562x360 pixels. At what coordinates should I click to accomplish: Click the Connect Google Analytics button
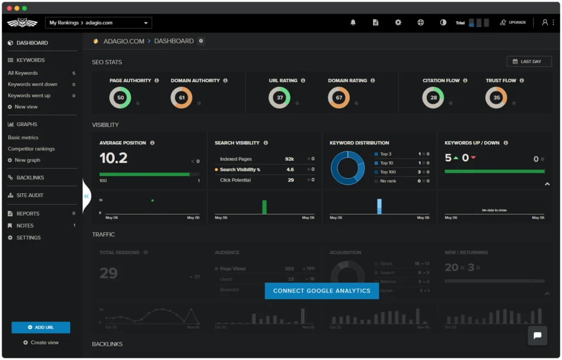click(x=322, y=291)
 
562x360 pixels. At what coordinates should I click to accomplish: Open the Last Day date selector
click(x=529, y=61)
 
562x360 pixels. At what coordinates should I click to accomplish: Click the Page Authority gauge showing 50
click(x=120, y=98)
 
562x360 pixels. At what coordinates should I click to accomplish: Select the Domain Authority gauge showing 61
click(x=182, y=98)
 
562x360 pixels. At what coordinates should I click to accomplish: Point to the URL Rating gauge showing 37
click(x=279, y=98)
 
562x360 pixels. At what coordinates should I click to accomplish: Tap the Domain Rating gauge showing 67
click(x=339, y=98)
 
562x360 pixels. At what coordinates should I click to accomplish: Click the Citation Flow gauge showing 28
click(x=433, y=98)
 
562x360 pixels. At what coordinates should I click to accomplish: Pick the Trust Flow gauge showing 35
click(x=496, y=98)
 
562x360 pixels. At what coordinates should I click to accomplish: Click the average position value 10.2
click(x=114, y=158)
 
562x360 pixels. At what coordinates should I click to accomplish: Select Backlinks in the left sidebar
click(x=30, y=178)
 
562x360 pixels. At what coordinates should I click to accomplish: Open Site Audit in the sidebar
click(x=30, y=195)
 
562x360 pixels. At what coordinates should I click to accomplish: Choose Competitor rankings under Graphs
click(x=31, y=149)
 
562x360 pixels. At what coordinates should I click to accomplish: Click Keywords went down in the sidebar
click(x=32, y=85)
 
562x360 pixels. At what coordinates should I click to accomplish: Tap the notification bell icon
click(x=353, y=22)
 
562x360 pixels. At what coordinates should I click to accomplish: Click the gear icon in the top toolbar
click(x=398, y=22)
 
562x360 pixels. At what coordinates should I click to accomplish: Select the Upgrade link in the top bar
click(x=513, y=22)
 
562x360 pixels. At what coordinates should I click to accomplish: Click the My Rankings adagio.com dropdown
click(x=98, y=22)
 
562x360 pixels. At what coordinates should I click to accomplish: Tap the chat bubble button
click(x=537, y=335)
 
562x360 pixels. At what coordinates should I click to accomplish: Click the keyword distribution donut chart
click(x=347, y=167)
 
